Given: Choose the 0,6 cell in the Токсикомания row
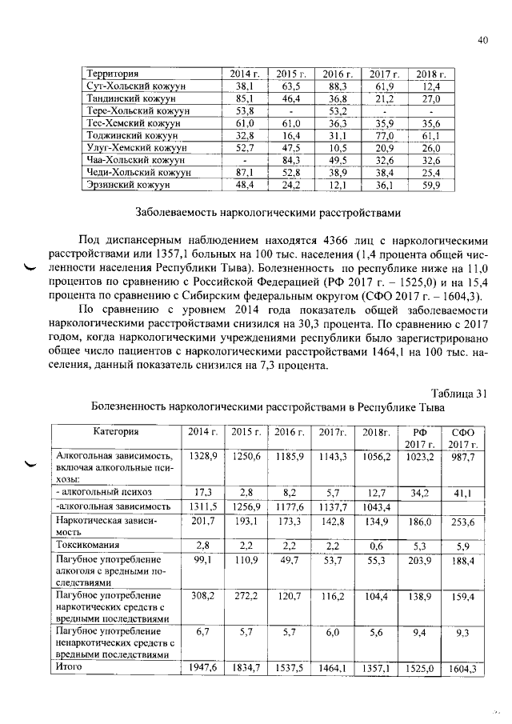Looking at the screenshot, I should (375, 544).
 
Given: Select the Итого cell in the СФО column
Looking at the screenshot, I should (462, 668).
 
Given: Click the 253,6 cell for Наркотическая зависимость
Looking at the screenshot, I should (462, 522).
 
